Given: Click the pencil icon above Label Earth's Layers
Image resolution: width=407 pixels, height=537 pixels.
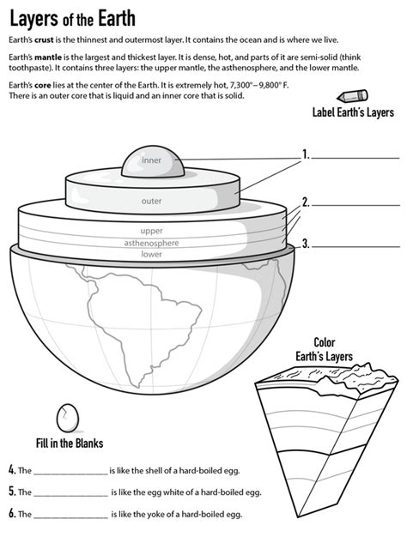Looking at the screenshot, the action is coord(352,95).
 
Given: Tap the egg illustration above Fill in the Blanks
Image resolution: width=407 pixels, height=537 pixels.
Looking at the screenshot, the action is coord(68,418).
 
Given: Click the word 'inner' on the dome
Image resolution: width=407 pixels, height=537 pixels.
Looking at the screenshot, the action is coord(151,160).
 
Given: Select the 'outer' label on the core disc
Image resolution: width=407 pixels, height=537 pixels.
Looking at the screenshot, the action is coord(151,201).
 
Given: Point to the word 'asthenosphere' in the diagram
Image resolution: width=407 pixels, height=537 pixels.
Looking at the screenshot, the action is coord(151,243).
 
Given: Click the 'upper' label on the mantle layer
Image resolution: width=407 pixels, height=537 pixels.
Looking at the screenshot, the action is coord(151,231).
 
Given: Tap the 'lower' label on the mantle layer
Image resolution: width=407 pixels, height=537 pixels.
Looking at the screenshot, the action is coord(151,254).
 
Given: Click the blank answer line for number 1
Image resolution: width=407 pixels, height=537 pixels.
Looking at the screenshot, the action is coord(355,158).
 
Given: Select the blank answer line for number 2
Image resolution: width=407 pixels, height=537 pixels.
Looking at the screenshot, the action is coord(355,205).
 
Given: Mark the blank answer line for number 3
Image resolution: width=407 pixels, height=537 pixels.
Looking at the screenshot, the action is coord(355,246).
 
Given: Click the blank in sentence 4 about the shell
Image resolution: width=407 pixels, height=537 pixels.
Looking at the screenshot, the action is coord(71,474).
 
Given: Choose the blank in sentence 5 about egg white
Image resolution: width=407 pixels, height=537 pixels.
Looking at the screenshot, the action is coord(71,496).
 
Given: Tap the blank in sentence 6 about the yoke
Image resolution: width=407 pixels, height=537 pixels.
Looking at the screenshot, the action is coord(71,518).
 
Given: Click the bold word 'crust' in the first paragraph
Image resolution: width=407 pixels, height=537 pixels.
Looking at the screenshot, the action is coord(44,39).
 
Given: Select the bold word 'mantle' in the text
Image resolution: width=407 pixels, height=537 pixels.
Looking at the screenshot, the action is coord(48,57).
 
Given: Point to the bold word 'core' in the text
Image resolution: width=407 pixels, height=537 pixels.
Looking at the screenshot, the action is coord(43,85).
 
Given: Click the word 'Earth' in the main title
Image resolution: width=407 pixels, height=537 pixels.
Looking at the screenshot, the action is coord(117,19).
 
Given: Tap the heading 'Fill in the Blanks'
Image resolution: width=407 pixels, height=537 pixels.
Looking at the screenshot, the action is coord(70,443).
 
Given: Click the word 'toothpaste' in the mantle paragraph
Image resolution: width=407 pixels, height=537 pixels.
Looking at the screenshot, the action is coord(28,68).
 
